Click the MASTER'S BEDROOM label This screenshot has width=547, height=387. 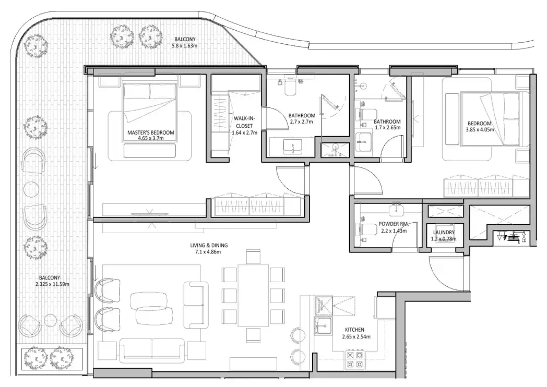click(x=151, y=132)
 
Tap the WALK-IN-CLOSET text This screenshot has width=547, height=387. click(x=244, y=126)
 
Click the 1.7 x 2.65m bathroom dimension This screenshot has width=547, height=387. click(x=387, y=128)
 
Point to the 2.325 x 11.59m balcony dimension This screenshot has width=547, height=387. click(x=55, y=284)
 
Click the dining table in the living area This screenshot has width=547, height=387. click(x=253, y=295)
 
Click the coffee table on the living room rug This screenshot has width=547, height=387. click(x=151, y=308)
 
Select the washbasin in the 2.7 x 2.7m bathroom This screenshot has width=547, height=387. click(x=292, y=147)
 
